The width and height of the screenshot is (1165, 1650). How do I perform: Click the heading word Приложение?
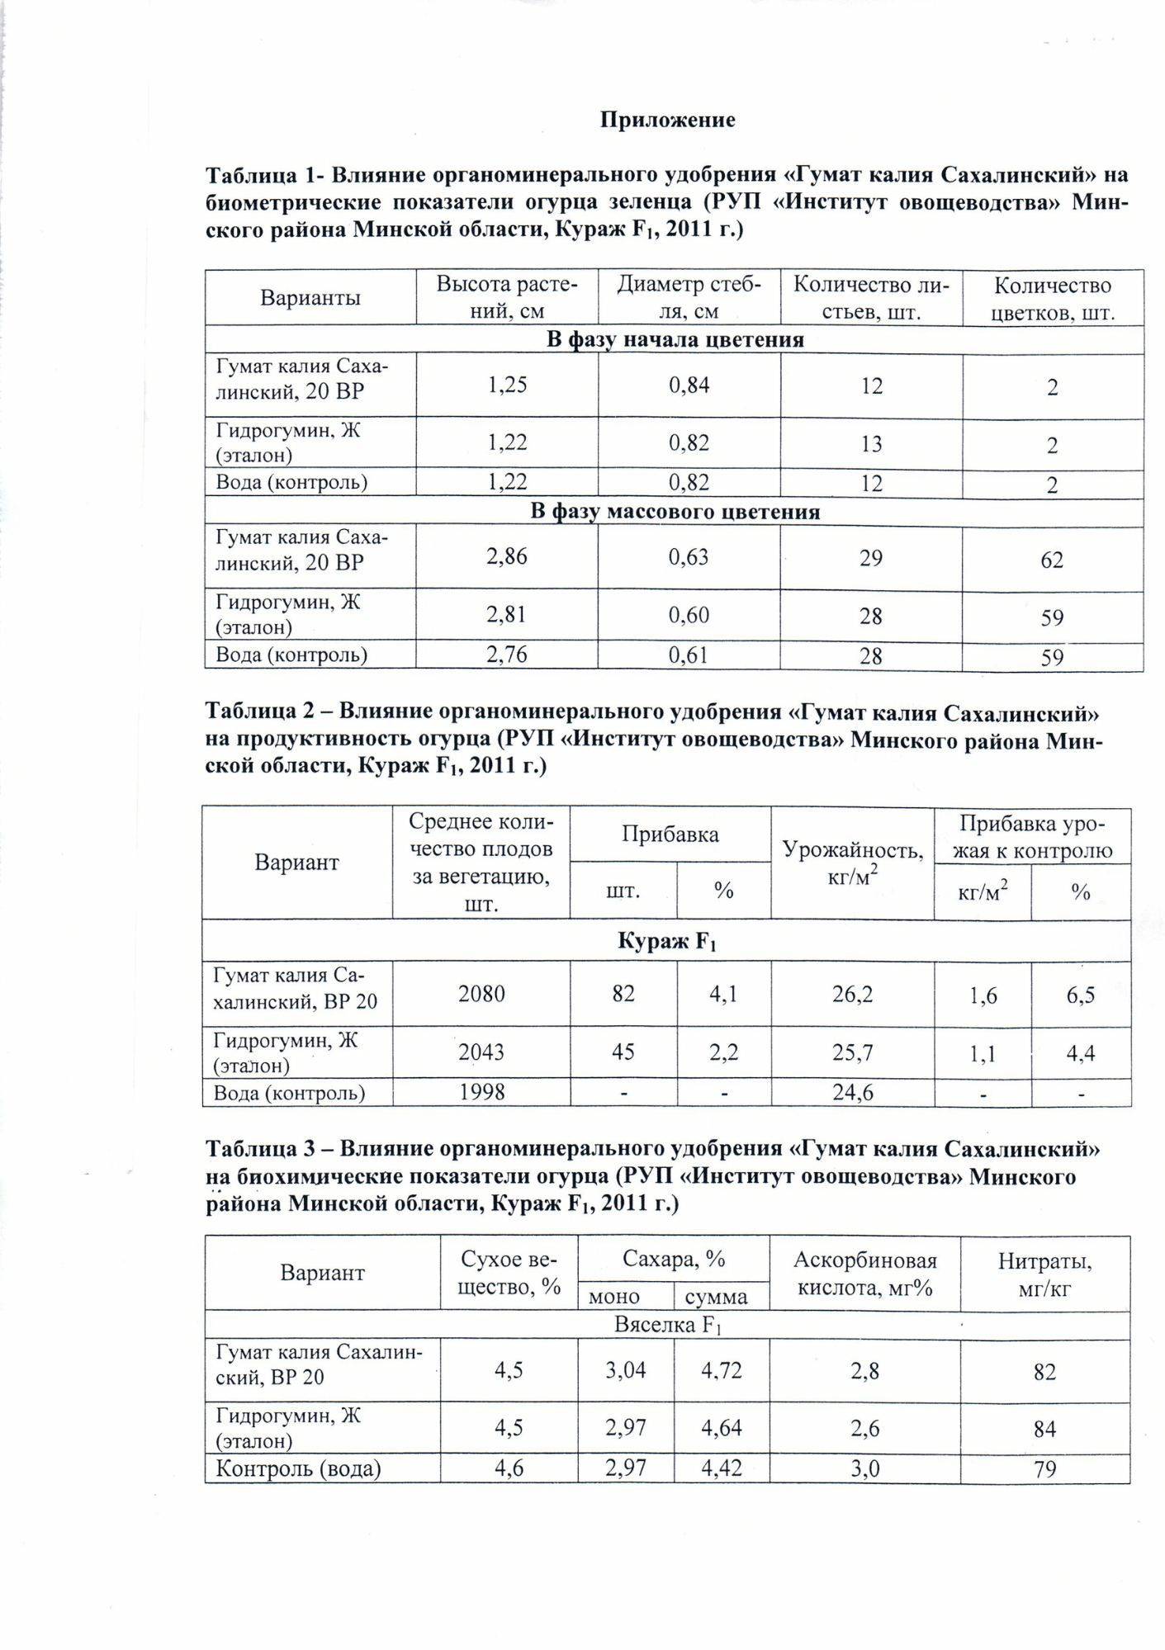pyautogui.click(x=667, y=121)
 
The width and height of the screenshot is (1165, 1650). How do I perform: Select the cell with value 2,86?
pyautogui.click(x=506, y=556)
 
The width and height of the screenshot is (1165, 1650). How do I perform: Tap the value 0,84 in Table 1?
pyautogui.click(x=689, y=385)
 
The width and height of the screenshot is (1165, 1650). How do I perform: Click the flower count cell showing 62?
pyautogui.click(x=1051, y=560)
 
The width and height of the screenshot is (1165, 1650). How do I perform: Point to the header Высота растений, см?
pyautogui.click(x=506, y=298)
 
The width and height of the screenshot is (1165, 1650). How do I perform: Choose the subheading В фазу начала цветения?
pyautogui.click(x=675, y=340)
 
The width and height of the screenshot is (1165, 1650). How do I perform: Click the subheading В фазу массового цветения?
pyautogui.click(x=675, y=512)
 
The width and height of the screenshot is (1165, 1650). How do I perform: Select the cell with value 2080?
pyautogui.click(x=481, y=994)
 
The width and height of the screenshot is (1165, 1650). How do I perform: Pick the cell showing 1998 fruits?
pyautogui.click(x=481, y=1092)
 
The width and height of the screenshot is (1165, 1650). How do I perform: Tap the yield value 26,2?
pyautogui.click(x=852, y=994)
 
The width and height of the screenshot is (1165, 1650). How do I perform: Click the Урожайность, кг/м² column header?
pyautogui.click(x=852, y=863)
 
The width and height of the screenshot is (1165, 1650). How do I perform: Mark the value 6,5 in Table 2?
pyautogui.click(x=1080, y=995)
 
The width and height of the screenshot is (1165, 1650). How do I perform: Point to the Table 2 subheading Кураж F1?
pyautogui.click(x=667, y=941)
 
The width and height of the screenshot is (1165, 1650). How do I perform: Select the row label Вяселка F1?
pyautogui.click(x=667, y=1325)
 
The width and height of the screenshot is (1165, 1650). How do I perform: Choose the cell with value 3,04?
pyautogui.click(x=625, y=1371)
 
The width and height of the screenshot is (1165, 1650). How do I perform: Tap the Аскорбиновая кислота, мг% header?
pyautogui.click(x=864, y=1274)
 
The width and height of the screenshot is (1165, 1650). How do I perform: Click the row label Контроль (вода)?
pyautogui.click(x=298, y=1468)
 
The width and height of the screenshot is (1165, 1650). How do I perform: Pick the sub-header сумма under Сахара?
pyautogui.click(x=716, y=1297)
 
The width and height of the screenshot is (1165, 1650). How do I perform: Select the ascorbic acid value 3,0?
pyautogui.click(x=864, y=1468)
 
